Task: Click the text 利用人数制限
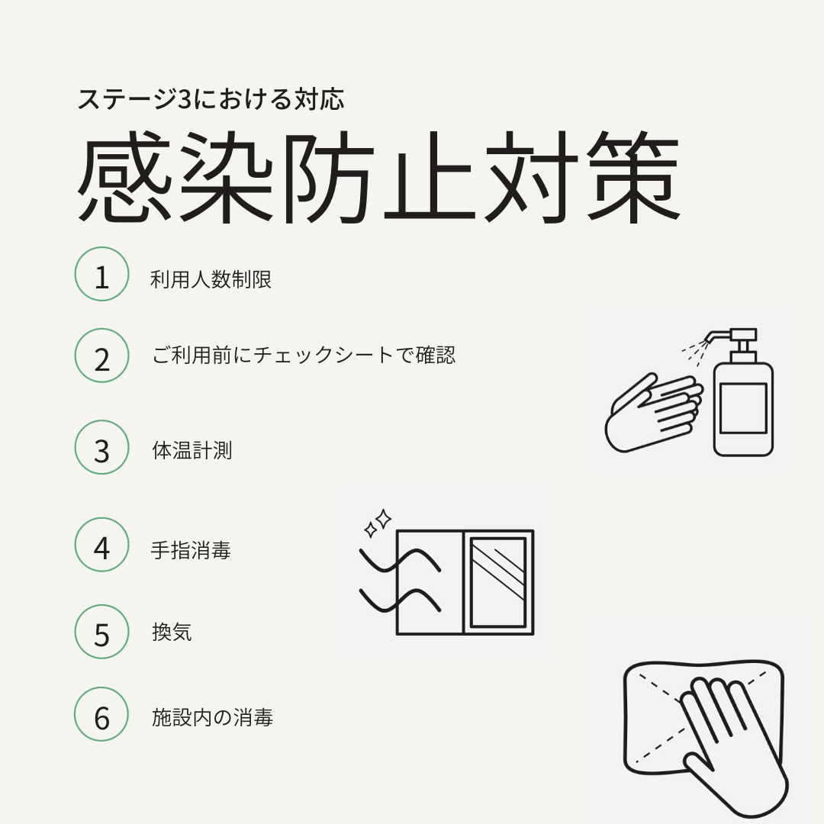[211, 279]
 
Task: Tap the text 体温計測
[192, 450]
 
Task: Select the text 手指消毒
[191, 550]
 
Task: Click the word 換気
[172, 632]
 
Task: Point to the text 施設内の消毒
[212, 717]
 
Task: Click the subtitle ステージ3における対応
[211, 99]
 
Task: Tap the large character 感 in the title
[125, 176]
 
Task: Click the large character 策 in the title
[633, 176]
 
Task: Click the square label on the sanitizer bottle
[743, 407]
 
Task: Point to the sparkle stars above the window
[378, 523]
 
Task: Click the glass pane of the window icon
[498, 582]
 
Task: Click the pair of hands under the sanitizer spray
[655, 413]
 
